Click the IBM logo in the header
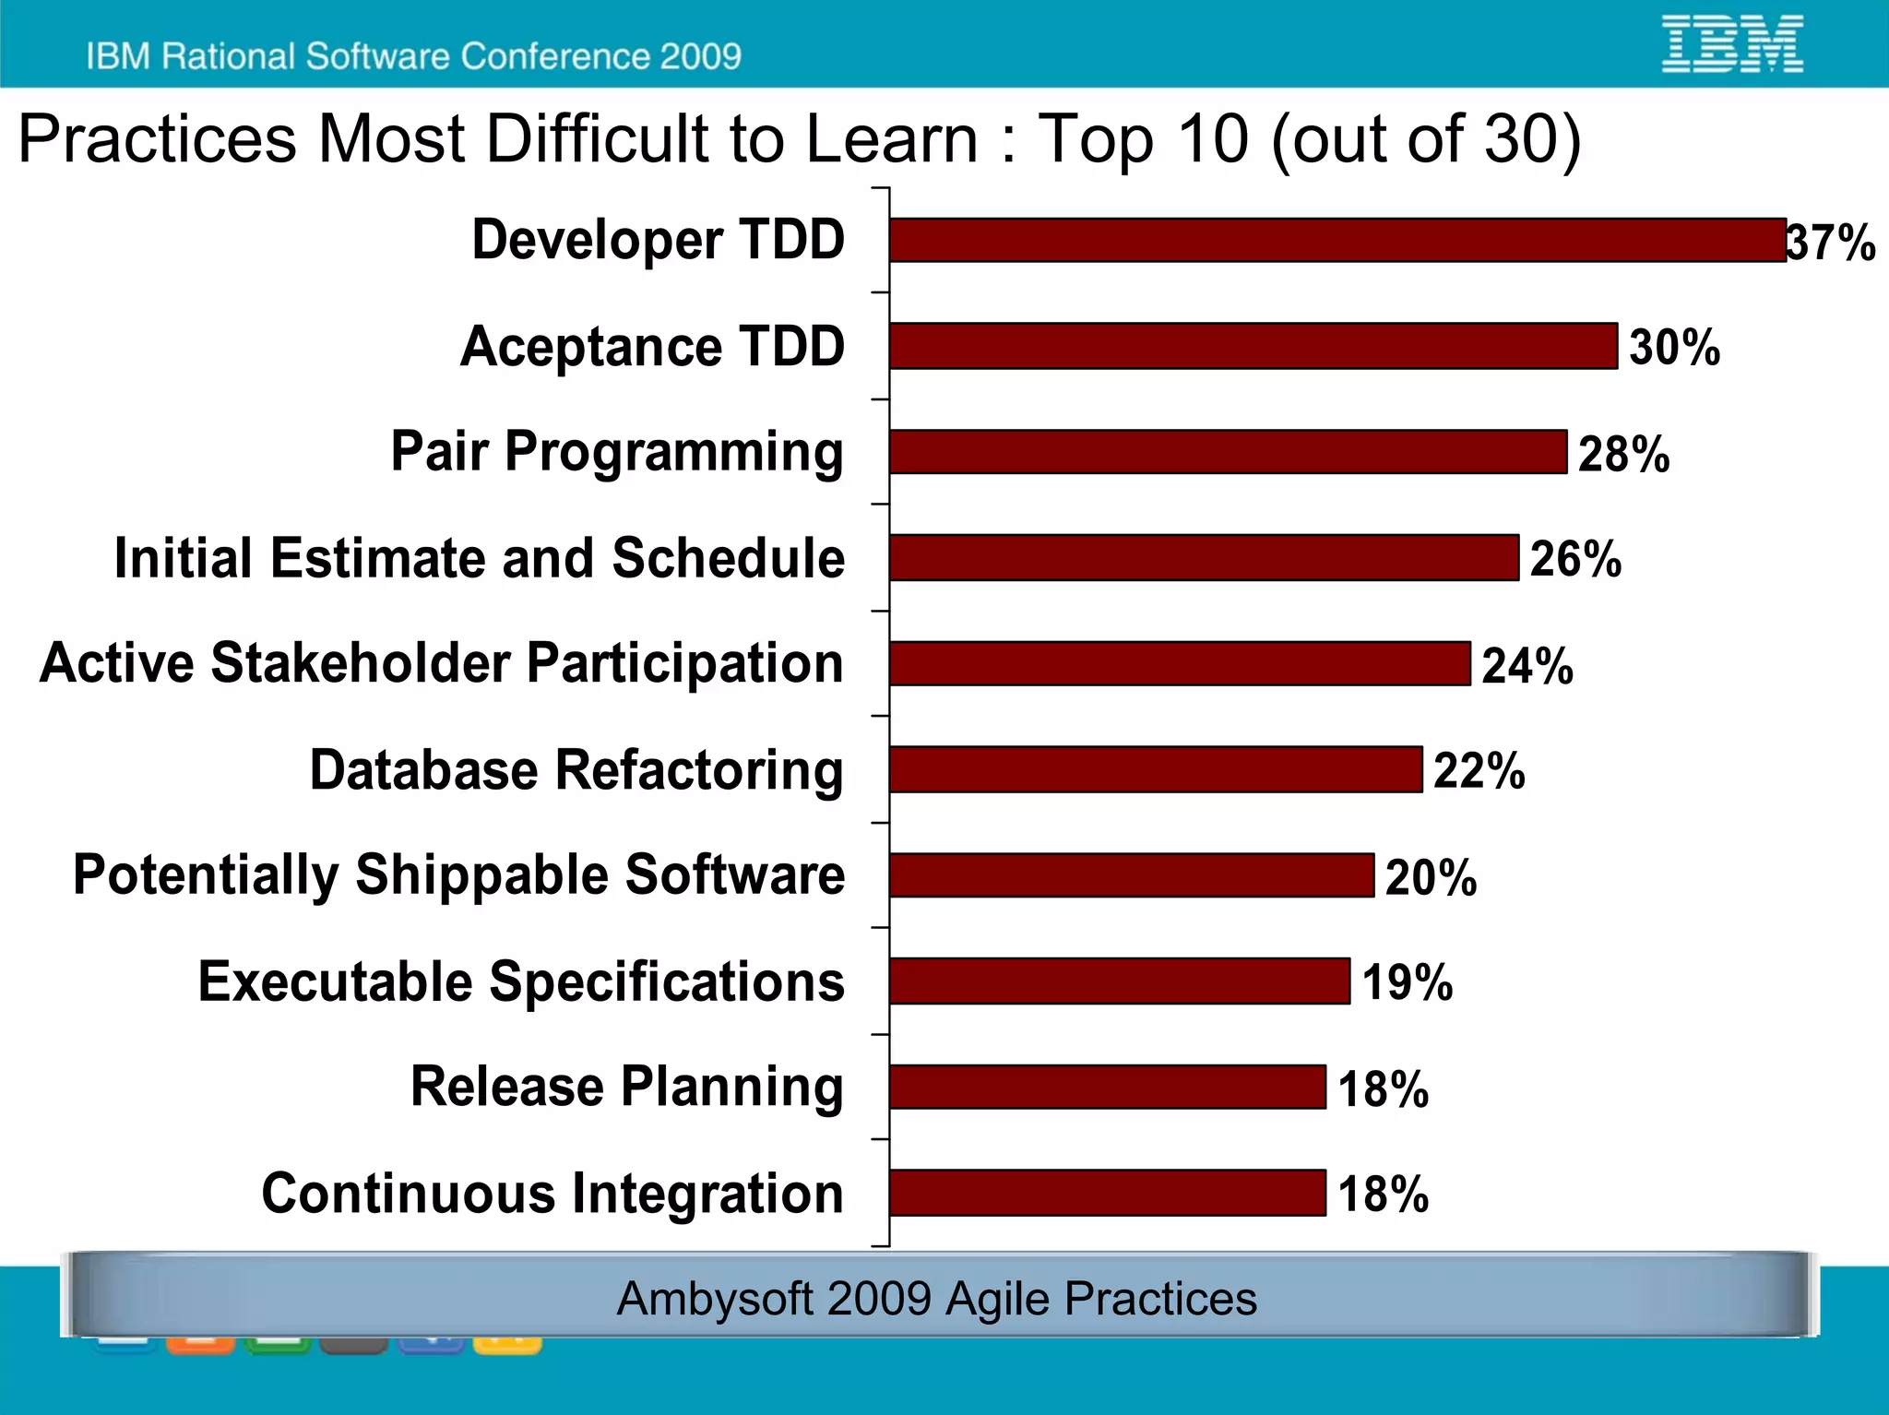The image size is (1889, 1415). pyautogui.click(x=1731, y=43)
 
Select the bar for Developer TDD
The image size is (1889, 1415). pyautogui.click(x=1337, y=240)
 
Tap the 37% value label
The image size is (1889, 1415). pyautogui.click(x=1831, y=243)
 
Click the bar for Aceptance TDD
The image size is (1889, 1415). pyautogui.click(x=1253, y=346)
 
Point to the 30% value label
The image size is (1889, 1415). pyautogui.click(x=1674, y=348)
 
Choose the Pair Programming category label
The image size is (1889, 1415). pyautogui.click(x=617, y=452)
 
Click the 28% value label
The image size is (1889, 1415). pyautogui.click(x=1623, y=454)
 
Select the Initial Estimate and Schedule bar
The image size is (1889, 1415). pyautogui.click(x=1204, y=557)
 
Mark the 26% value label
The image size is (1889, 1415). pyautogui.click(x=1575, y=559)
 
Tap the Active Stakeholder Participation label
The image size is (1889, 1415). pyautogui.click(x=442, y=663)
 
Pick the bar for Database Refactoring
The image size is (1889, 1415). pyautogui.click(x=1155, y=769)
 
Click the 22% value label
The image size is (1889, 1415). pyautogui.click(x=1479, y=770)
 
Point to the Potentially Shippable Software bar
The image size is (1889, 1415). pyautogui.click(x=1131, y=874)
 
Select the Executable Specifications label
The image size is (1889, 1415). pyautogui.click(x=521, y=981)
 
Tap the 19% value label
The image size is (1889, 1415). pyautogui.click(x=1407, y=981)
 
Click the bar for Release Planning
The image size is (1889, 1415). pyautogui.click(x=1107, y=1087)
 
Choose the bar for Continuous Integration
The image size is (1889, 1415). pyautogui.click(x=1107, y=1193)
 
